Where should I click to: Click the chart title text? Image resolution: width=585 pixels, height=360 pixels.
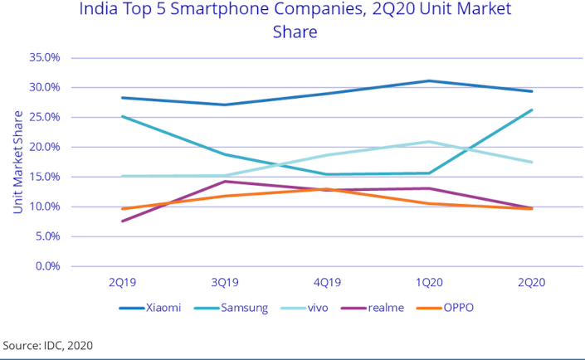pos(295,21)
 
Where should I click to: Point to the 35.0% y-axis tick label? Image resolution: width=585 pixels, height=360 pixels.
pos(45,57)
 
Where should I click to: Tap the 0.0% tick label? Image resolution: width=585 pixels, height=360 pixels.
pos(47,266)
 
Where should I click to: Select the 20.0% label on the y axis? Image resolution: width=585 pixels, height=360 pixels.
pos(45,147)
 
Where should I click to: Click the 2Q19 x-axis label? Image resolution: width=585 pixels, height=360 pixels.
pos(122,282)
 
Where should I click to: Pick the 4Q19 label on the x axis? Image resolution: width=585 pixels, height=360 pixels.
pos(326,282)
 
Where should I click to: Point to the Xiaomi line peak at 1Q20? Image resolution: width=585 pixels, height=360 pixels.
pos(428,80)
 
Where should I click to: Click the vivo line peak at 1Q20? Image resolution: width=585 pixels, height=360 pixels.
pos(428,142)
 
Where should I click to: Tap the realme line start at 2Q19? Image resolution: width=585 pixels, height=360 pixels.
pos(122,221)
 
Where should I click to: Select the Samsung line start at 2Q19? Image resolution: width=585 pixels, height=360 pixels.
pos(122,116)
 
